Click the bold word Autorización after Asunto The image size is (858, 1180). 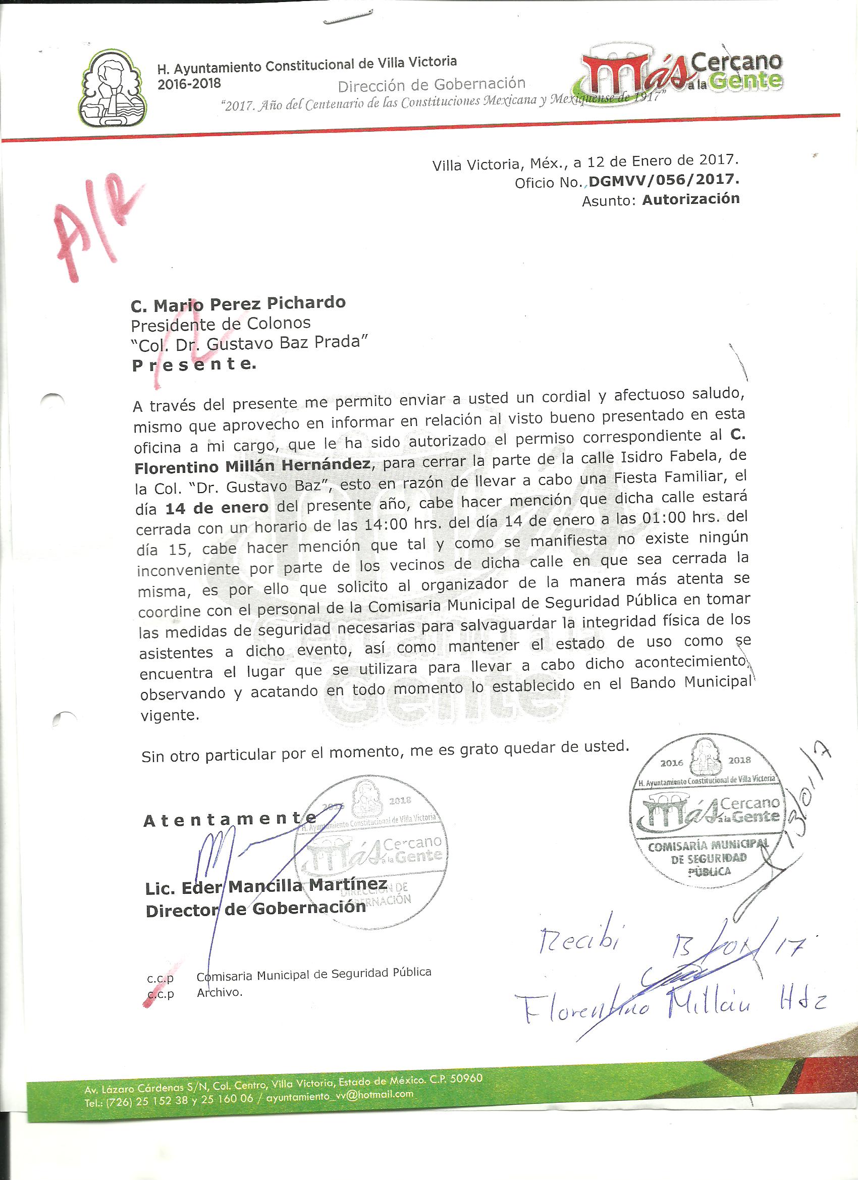click(x=690, y=199)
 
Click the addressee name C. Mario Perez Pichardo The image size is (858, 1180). click(x=238, y=303)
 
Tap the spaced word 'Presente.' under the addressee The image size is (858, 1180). click(x=194, y=365)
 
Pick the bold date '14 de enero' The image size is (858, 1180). click(x=217, y=508)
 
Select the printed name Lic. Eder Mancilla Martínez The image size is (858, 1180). click(x=266, y=886)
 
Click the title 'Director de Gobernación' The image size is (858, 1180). click(x=255, y=908)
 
